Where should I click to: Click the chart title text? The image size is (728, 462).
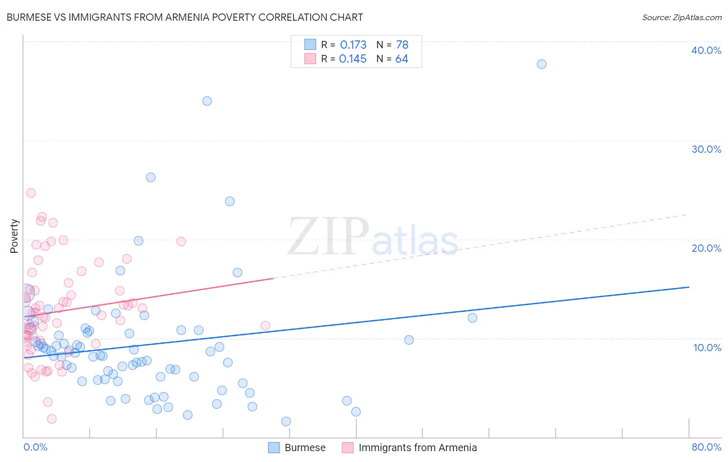tap(185, 17)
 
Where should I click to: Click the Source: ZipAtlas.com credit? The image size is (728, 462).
tap(681, 17)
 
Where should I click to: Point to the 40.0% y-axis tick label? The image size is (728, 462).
tap(706, 50)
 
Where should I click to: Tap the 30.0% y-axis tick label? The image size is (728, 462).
tap(706, 149)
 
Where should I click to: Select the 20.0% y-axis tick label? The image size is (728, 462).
tap(706, 248)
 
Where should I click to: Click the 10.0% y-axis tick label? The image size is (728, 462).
tap(707, 348)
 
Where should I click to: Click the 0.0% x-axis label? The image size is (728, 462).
tap(35, 447)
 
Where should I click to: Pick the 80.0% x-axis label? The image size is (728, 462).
tap(706, 447)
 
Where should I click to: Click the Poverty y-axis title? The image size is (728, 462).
tap(14, 236)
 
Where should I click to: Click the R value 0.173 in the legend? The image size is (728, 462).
tap(353, 45)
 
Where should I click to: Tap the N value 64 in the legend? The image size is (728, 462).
tap(402, 59)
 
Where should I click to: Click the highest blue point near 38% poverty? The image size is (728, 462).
tap(542, 64)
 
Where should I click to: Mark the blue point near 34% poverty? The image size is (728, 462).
tap(207, 101)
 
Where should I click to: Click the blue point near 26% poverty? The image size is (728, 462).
tap(151, 177)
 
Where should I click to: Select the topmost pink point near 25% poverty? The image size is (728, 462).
tap(31, 193)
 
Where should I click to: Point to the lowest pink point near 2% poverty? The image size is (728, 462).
tap(52, 418)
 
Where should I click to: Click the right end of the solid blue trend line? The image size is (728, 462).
tap(689, 287)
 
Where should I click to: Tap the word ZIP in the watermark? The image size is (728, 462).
tap(328, 237)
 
